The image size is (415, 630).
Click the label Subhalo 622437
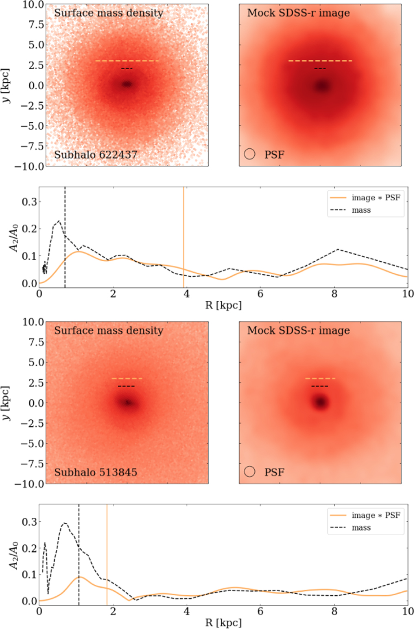point(96,155)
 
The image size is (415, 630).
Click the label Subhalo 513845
point(96,472)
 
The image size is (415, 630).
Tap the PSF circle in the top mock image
point(250,154)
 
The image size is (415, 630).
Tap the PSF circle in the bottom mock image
point(250,471)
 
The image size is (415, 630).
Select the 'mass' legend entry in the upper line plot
point(361,210)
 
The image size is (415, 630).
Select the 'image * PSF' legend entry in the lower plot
point(376,515)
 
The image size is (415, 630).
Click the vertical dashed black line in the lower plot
point(79,571)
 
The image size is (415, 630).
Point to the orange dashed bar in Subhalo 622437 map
point(127,61)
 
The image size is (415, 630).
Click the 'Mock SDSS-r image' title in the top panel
point(299,13)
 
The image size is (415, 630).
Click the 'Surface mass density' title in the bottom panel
point(109,330)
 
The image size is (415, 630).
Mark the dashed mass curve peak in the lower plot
point(64,523)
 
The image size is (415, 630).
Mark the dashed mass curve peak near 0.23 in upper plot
point(59,221)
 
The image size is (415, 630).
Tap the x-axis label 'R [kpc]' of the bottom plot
point(223,623)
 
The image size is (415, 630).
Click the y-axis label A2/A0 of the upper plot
point(14,238)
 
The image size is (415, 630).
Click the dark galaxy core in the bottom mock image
point(321,403)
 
